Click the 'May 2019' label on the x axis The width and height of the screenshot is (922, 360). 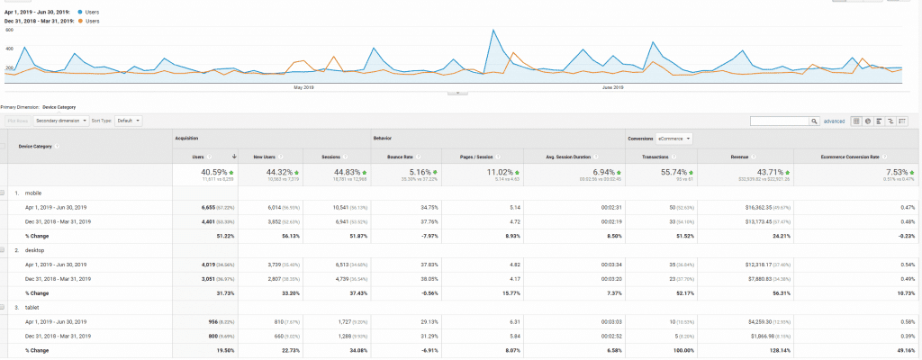[x=303, y=87]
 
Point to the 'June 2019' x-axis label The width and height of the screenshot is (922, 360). [x=612, y=87]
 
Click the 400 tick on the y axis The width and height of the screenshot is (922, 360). [x=9, y=49]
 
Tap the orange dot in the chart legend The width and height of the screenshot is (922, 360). [x=80, y=20]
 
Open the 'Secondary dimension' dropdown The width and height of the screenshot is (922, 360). [x=61, y=120]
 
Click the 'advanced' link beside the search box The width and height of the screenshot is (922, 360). [x=834, y=120]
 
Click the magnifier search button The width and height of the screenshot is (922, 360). [x=814, y=120]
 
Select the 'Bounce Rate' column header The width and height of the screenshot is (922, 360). [x=388, y=155]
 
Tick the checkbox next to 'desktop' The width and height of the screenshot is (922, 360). [x=5, y=251]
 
